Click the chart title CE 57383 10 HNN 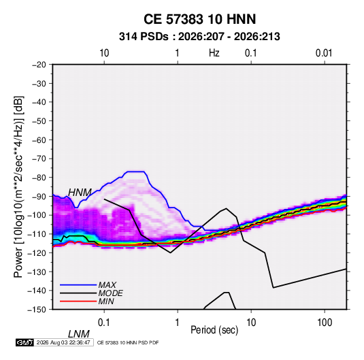click(199, 19)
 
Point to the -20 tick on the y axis click(39, 65)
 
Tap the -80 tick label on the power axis click(39, 178)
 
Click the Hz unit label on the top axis click(214, 53)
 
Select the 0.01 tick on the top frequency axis click(324, 53)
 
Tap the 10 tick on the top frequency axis click(104, 53)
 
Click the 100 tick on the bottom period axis click(325, 323)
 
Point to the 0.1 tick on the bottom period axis click(104, 323)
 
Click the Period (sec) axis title click(214, 330)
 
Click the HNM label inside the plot click(80, 193)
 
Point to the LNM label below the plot click(79, 334)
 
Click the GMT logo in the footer click(24, 342)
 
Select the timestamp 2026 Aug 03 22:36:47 click(63, 342)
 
